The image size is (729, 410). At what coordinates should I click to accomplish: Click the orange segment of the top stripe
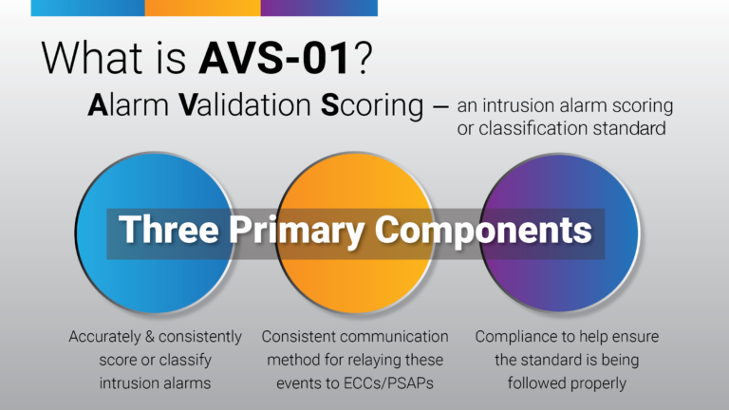[x=202, y=8]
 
